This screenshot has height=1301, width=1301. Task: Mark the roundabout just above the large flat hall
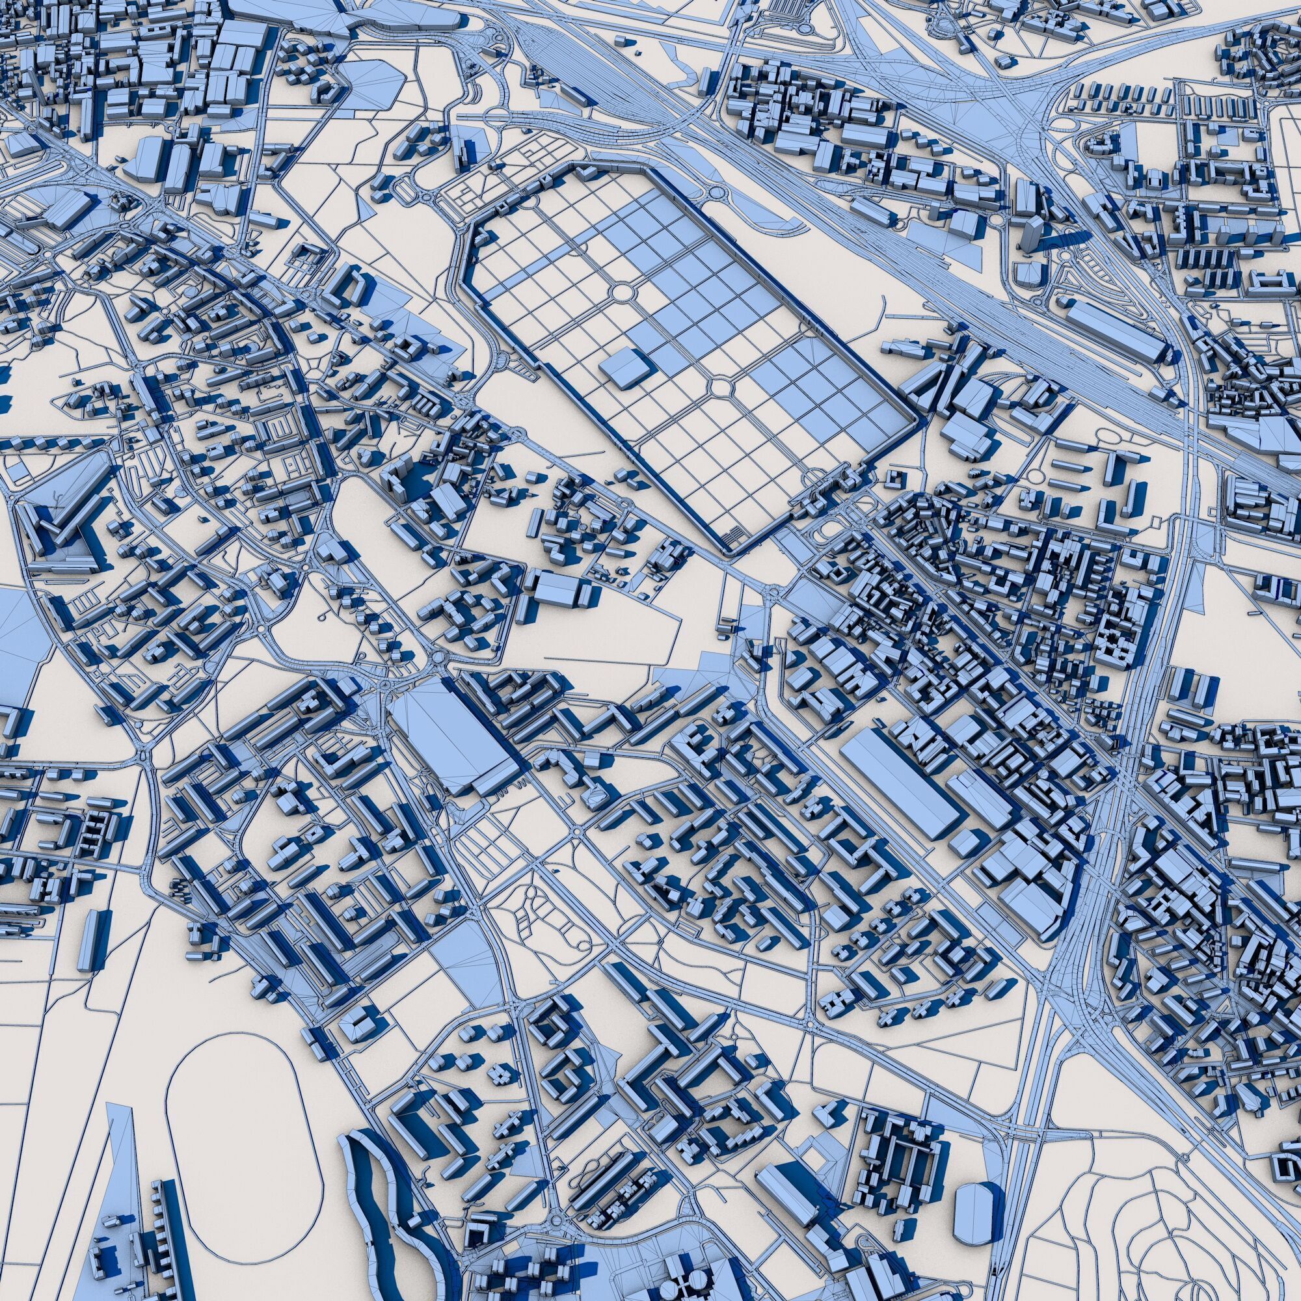pos(440,657)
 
